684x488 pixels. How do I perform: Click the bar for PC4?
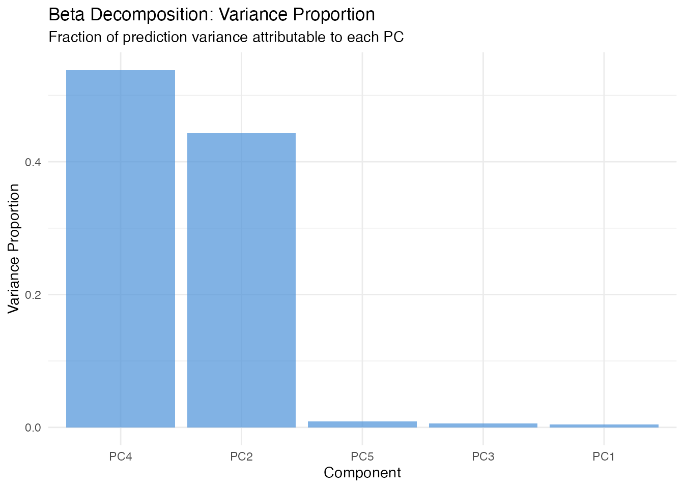(121, 249)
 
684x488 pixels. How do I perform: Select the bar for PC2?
(241, 280)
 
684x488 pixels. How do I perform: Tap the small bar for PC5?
(362, 424)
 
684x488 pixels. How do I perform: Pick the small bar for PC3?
(483, 425)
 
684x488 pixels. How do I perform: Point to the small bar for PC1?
(604, 426)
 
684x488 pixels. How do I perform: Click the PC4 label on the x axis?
(121, 456)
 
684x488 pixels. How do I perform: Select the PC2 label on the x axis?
(241, 456)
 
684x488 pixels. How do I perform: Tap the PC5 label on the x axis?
(362, 456)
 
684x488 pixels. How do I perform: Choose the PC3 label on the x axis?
(483, 456)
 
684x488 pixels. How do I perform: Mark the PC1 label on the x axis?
(604, 456)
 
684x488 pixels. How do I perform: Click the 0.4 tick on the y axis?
(34, 162)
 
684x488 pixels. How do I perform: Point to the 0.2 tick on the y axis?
(34, 295)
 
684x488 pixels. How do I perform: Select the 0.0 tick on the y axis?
(34, 428)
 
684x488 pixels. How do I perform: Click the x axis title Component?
(362, 473)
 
